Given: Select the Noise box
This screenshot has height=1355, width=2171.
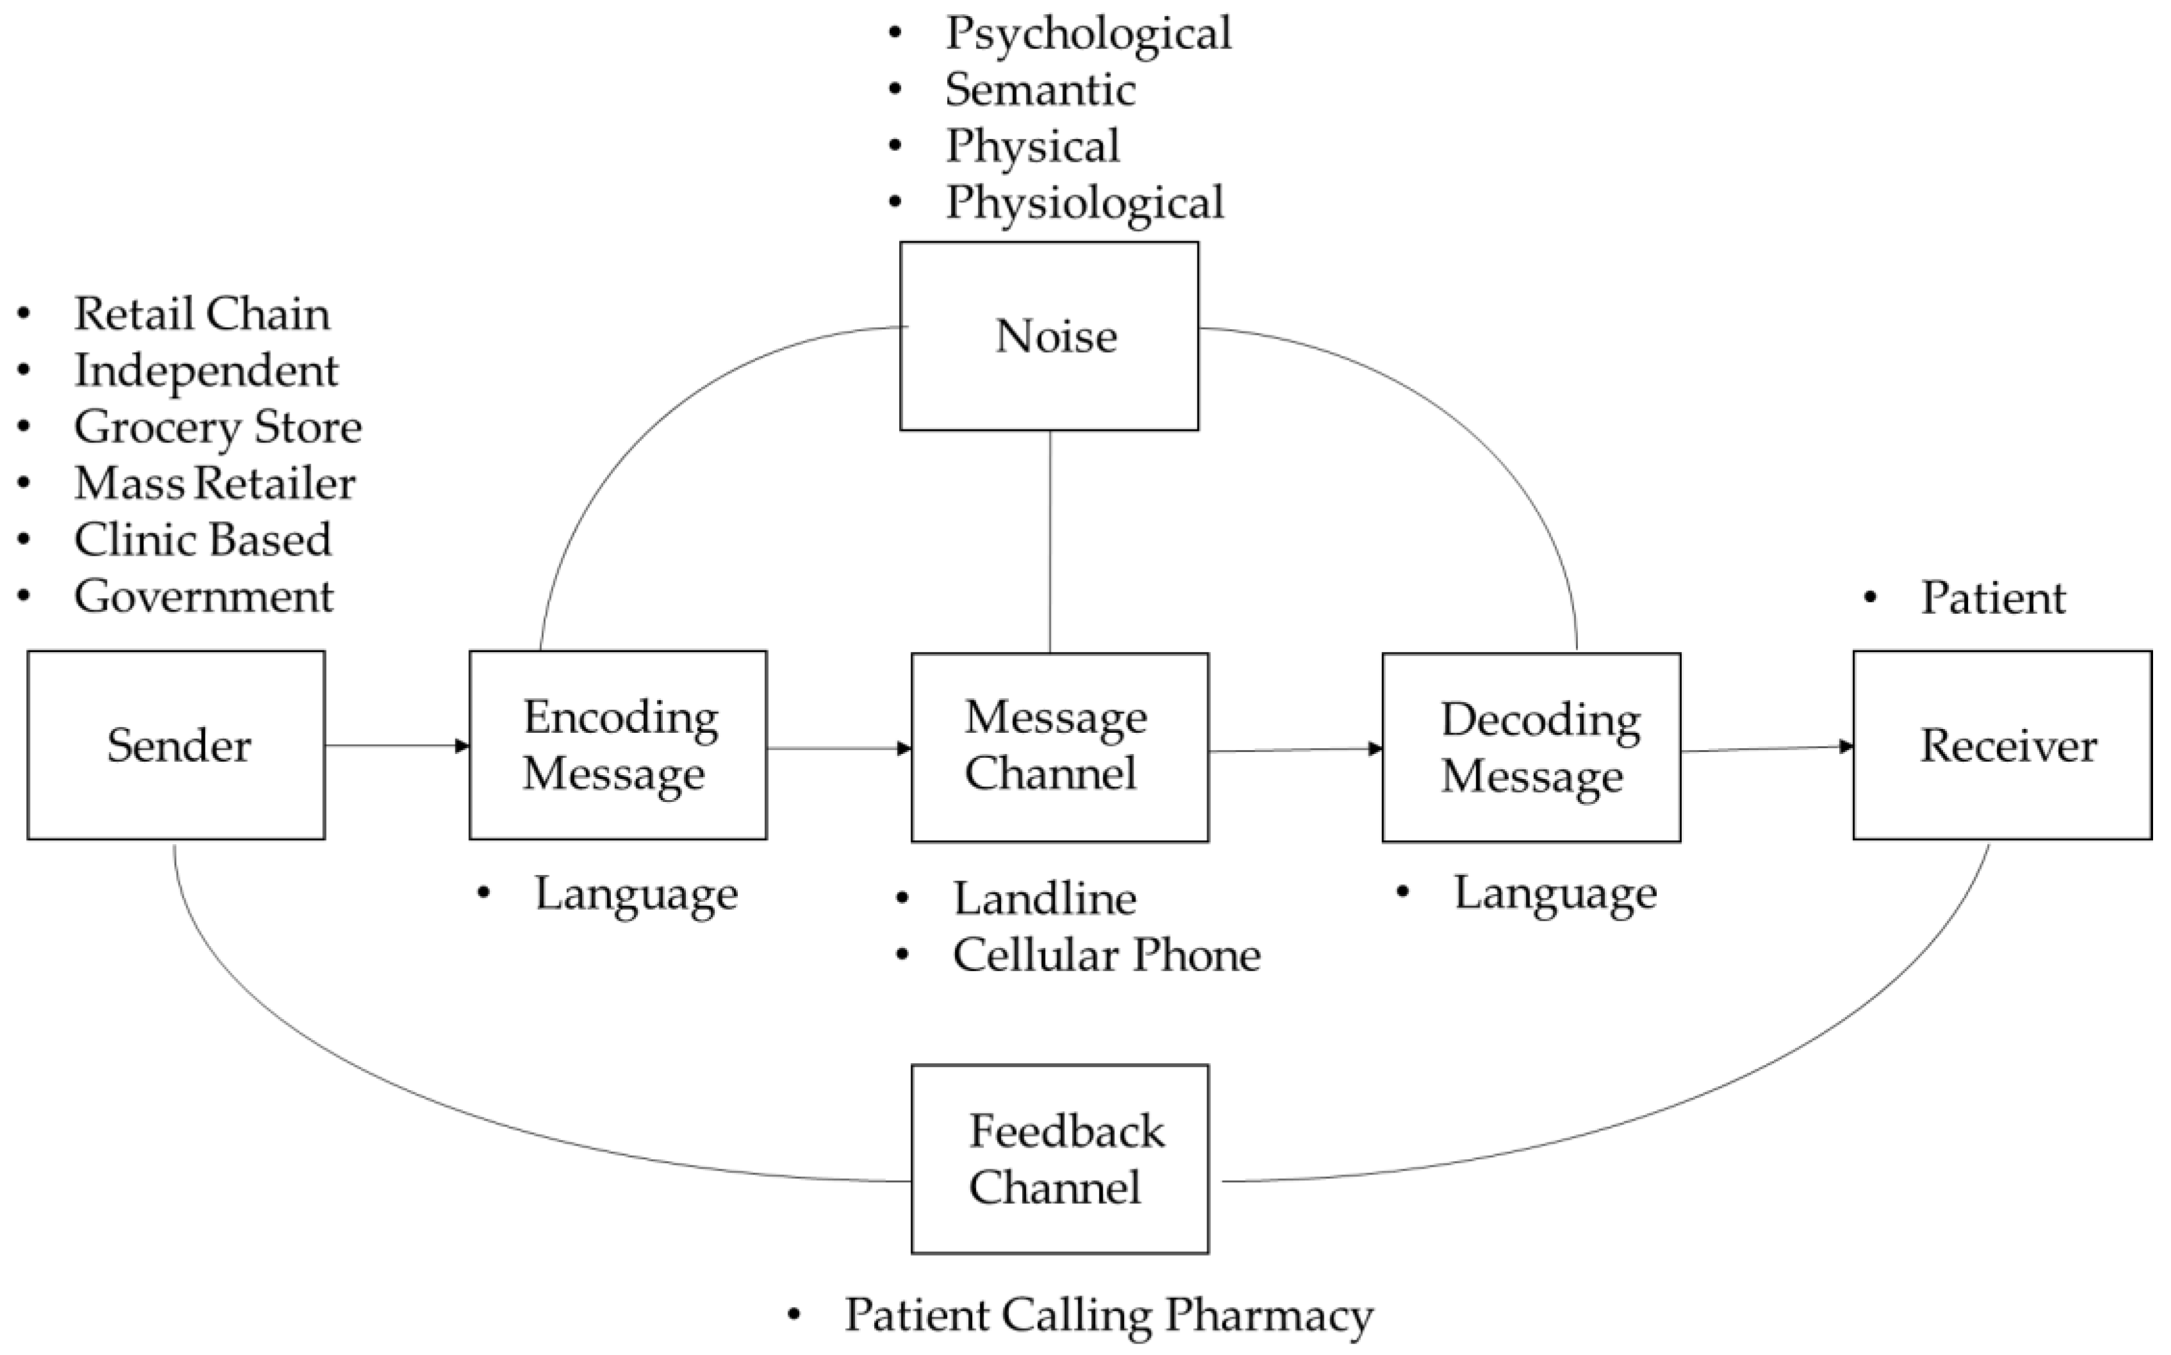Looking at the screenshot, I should pos(1049,336).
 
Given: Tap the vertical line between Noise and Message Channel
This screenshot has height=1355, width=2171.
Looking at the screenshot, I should pos(1050,541).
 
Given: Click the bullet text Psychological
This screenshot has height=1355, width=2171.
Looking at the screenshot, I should pos(1087,34).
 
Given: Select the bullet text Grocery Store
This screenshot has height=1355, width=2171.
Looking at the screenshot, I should pos(217,426).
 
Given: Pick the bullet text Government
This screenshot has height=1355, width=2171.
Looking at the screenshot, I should pos(204,596).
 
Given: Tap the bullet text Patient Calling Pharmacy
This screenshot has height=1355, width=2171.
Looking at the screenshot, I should pos(1108,1315).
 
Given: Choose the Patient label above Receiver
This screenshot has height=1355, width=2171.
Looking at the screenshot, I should pos(1992,598).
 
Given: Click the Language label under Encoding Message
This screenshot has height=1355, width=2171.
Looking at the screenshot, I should pos(635,894).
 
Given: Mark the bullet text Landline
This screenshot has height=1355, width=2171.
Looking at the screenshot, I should pos(1045,899).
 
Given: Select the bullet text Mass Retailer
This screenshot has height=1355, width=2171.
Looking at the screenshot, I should pos(215,483).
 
